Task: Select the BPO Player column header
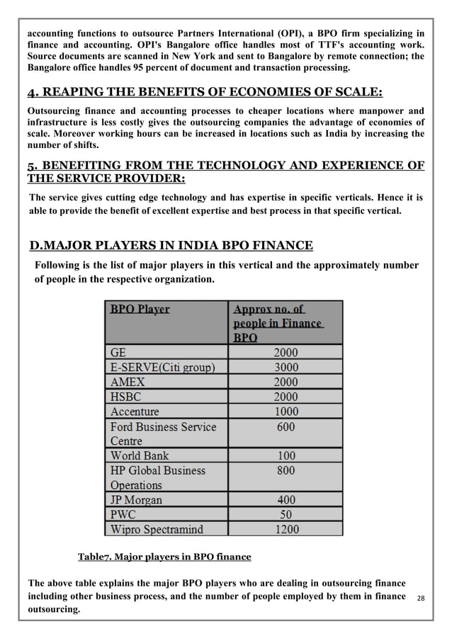140,309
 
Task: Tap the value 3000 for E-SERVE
286,367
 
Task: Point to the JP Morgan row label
136,499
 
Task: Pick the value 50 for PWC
286,514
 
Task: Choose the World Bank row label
140,456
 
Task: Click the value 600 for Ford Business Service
286,426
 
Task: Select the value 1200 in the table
286,528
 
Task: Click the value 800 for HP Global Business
286,470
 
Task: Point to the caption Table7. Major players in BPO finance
164,556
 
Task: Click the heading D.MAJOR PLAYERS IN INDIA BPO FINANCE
171,246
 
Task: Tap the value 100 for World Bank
286,456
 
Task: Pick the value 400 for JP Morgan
286,499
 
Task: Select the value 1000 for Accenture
286,412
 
